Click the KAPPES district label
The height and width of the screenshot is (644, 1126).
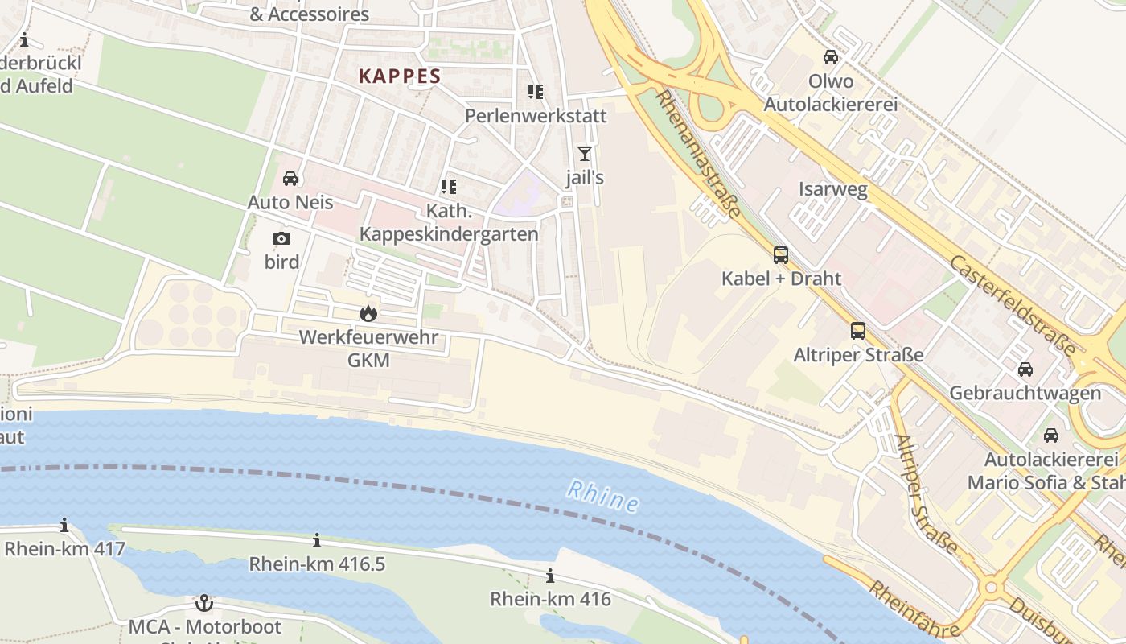coord(400,76)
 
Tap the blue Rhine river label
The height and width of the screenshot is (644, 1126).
coord(602,496)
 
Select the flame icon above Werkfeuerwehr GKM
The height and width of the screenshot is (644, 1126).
coord(368,313)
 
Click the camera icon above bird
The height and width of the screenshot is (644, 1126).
coord(281,238)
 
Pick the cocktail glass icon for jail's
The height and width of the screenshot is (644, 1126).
coord(585,154)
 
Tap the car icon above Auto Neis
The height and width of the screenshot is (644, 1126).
coord(290,179)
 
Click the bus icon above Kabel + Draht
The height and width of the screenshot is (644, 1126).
coord(781,255)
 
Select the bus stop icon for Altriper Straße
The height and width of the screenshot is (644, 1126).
coord(858,331)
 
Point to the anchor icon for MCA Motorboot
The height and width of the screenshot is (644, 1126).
coord(205,603)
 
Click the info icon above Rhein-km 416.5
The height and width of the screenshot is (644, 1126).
coord(317,540)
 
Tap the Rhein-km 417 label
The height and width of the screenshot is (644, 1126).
coord(64,550)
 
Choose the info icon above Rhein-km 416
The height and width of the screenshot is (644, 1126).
coord(550,576)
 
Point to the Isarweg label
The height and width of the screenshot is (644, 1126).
coord(832,190)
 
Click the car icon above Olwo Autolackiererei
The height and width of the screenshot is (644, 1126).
coord(831,57)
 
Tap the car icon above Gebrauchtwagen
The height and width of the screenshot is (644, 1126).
coord(1025,369)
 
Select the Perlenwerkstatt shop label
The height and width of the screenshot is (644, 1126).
coord(536,116)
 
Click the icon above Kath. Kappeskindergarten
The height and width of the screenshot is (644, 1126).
coord(449,188)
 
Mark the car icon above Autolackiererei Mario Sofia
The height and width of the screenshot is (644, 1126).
coord(1050,436)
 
